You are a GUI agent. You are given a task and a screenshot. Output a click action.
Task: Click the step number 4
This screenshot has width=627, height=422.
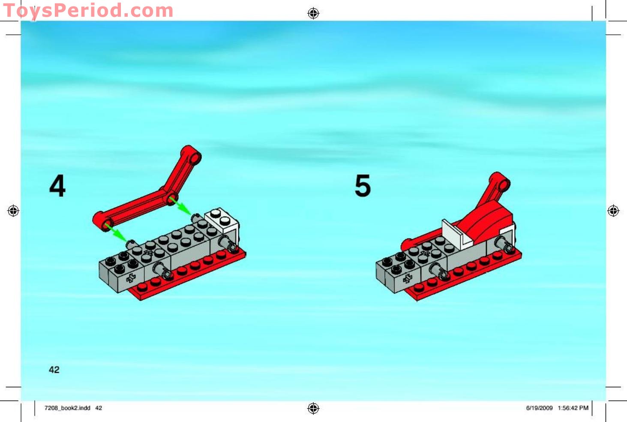click(x=57, y=186)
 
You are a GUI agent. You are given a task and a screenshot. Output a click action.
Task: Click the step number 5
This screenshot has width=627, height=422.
click(x=363, y=186)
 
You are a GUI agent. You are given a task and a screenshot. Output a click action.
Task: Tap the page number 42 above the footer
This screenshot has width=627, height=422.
click(x=54, y=370)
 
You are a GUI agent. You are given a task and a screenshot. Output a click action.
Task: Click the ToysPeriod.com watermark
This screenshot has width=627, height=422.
click(x=88, y=11)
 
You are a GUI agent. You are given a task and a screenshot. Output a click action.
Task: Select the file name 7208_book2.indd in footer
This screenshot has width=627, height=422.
click(x=67, y=408)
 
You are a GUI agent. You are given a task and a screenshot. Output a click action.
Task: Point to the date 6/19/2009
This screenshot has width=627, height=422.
click(x=539, y=408)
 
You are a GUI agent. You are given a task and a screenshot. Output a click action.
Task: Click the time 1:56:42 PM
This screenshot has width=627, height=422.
click(x=573, y=408)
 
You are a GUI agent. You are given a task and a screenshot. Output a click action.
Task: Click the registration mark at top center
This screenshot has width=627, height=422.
click(x=313, y=13)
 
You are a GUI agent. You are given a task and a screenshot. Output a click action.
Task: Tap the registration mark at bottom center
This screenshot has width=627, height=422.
click(x=313, y=408)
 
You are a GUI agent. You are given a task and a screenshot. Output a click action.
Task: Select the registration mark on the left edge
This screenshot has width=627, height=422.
click(x=13, y=211)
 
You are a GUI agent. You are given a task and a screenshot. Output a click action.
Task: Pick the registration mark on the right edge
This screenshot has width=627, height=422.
click(x=613, y=211)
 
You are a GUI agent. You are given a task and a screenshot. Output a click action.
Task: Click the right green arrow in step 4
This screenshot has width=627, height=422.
click(x=180, y=205)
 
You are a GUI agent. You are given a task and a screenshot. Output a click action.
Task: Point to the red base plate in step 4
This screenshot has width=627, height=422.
click(x=193, y=274)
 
